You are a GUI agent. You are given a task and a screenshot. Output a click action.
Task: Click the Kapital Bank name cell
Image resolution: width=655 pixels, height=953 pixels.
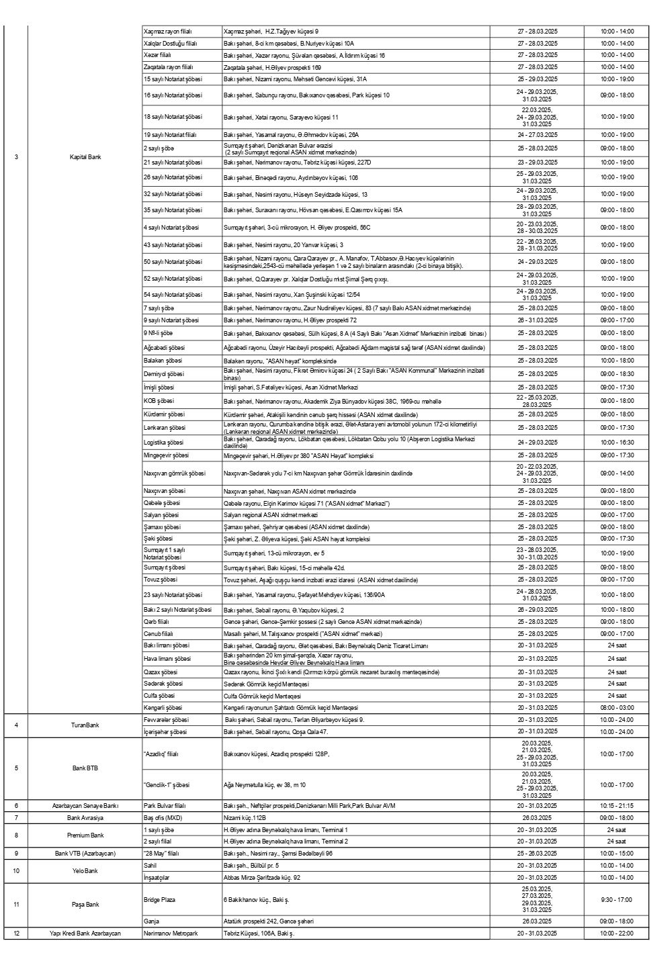85,157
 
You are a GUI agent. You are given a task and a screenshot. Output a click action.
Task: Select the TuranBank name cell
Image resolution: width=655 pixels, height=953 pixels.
85,725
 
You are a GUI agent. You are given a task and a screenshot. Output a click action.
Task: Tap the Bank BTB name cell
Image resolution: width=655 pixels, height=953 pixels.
85,768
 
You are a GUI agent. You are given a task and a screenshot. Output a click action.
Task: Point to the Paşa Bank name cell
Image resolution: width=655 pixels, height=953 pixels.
85,904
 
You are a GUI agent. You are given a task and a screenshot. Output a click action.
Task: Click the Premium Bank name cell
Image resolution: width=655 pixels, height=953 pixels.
85,835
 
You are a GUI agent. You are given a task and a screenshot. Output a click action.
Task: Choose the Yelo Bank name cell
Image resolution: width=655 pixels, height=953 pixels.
85,871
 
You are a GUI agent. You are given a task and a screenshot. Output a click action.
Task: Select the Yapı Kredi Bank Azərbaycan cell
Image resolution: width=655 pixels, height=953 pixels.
85,934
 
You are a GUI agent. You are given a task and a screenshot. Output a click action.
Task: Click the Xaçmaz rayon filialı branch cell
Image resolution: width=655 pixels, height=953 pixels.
168,32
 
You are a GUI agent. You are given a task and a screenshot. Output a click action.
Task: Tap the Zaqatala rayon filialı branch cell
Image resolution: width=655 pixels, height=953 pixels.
168,68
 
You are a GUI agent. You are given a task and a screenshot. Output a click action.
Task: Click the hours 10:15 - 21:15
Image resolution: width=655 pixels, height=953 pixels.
616,805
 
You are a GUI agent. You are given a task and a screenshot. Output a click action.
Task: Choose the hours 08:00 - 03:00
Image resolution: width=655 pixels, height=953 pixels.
616,708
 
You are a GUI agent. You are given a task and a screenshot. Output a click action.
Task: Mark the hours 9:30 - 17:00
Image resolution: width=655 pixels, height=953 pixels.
616,899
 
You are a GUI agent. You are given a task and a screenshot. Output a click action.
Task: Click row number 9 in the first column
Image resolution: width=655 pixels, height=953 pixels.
17,854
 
